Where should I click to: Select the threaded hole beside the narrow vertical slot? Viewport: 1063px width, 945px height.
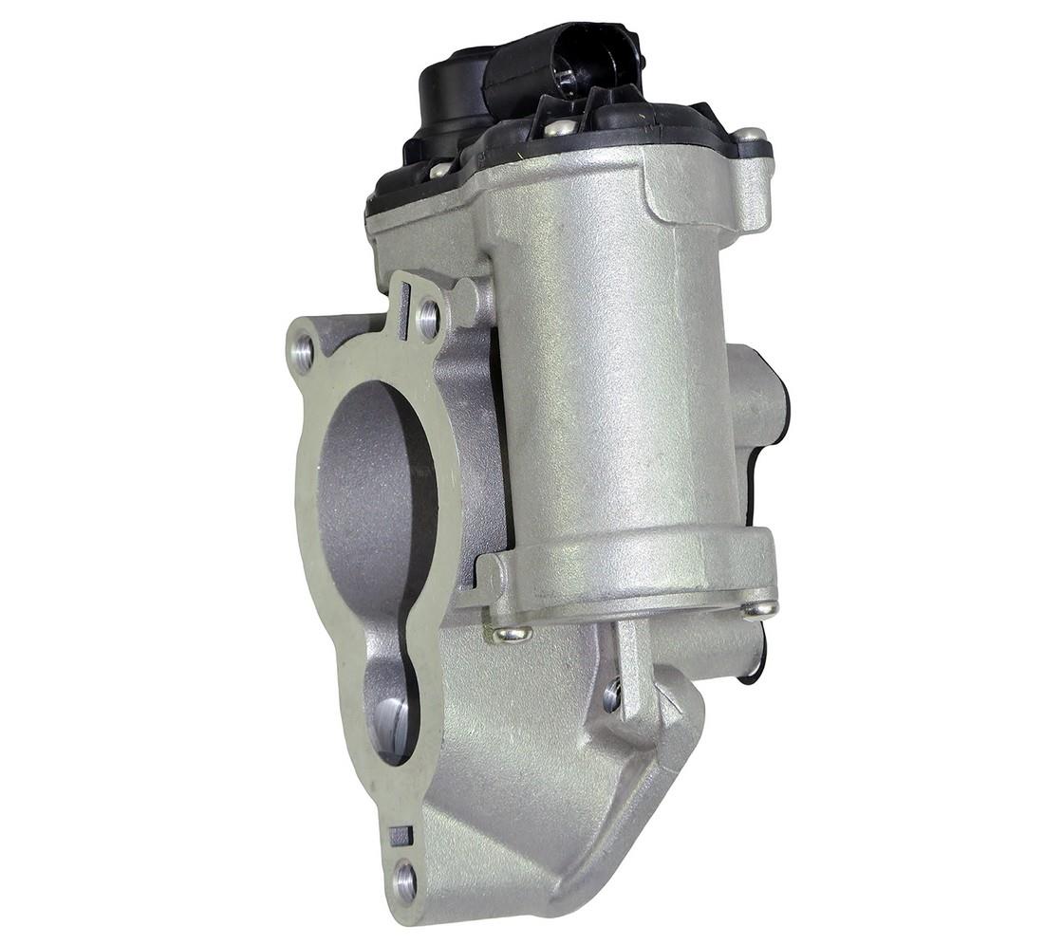click(x=428, y=319)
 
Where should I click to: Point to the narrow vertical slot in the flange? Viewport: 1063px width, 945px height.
click(x=405, y=311)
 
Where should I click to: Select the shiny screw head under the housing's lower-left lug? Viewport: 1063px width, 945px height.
click(x=513, y=633)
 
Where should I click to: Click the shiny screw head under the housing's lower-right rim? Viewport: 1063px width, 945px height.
click(x=759, y=608)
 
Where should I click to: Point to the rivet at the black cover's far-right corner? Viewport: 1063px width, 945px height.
click(x=749, y=136)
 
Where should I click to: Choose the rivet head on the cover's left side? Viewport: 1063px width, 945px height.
click(x=439, y=170)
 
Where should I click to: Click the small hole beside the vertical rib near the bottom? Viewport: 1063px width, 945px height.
click(x=612, y=696)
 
